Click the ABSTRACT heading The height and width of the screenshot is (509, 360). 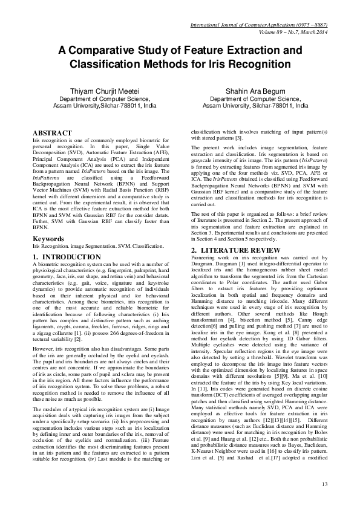(51, 132)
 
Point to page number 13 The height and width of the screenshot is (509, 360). (324, 484)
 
